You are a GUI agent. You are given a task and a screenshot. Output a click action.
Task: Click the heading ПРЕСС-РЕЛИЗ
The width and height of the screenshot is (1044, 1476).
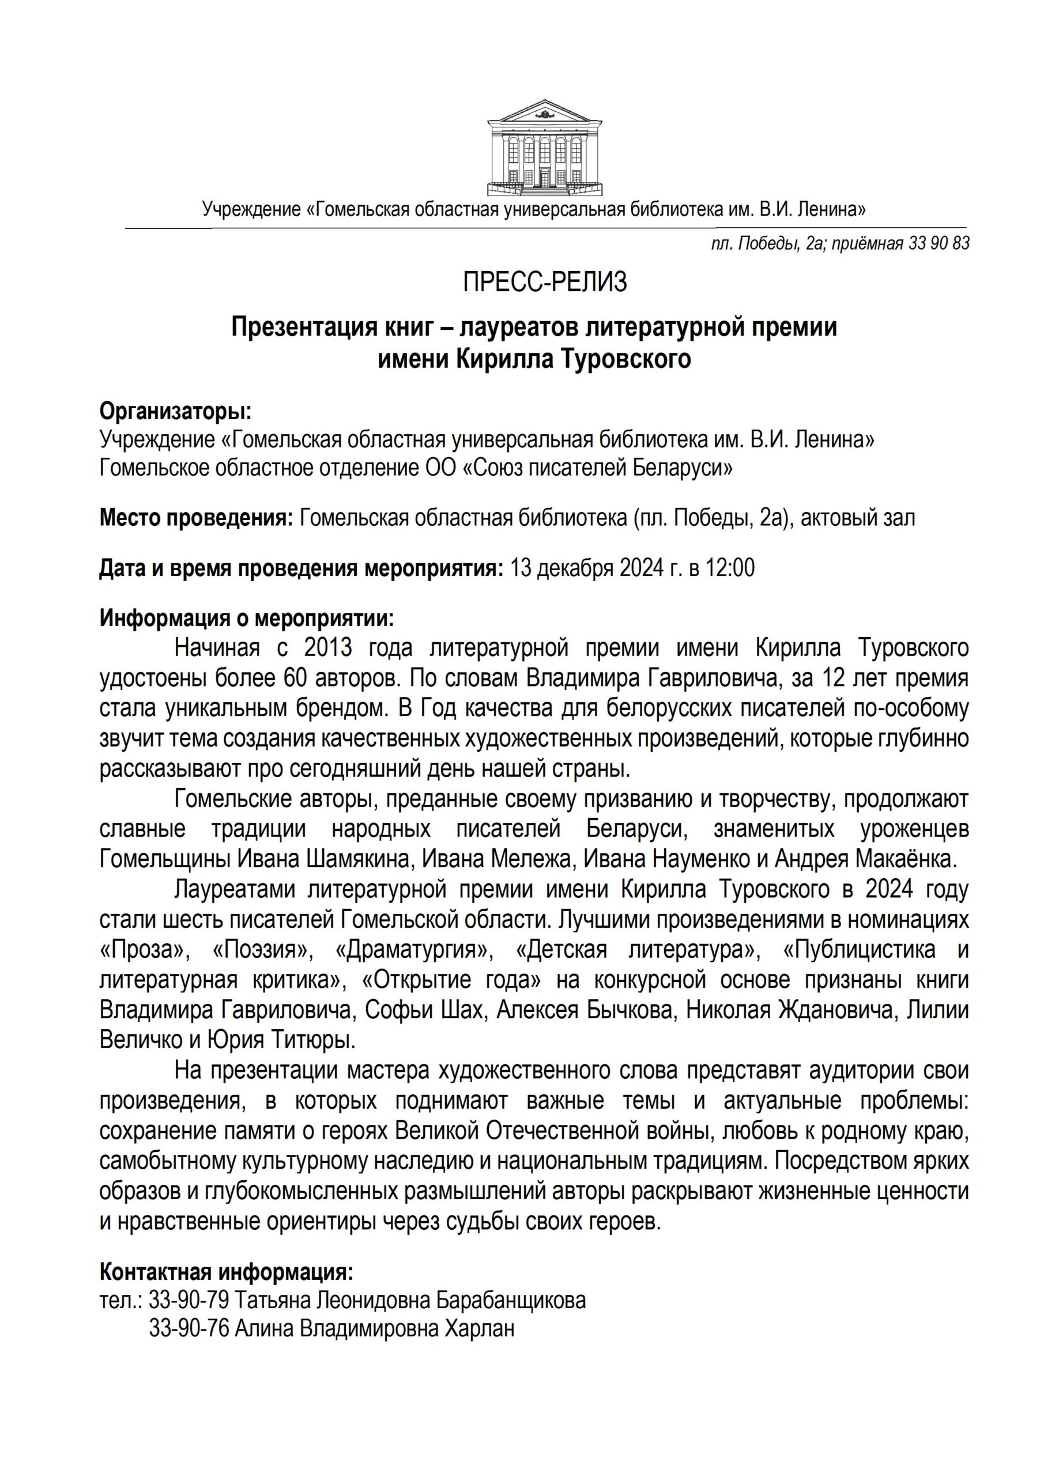pos(545,282)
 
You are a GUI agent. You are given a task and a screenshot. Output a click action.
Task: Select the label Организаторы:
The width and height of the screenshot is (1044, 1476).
pos(175,411)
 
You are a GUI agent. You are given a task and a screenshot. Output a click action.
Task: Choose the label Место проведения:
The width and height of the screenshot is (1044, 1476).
pos(195,518)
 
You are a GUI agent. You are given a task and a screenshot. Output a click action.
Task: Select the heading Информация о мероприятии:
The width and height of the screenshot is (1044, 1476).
pos(246,619)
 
